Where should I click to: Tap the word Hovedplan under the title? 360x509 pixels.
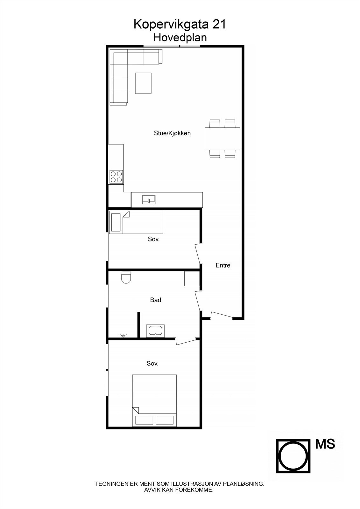(180, 38)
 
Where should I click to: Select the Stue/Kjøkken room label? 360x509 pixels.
(172, 133)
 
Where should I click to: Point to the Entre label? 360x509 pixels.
(223, 265)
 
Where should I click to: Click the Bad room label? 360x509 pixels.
(156, 300)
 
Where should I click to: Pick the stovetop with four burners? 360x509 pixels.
(116, 177)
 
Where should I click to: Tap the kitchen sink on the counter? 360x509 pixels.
(149, 199)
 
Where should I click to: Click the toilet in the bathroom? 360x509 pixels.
(126, 277)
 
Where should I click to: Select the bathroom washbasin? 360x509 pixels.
(155, 331)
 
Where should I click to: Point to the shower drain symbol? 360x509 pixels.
(123, 335)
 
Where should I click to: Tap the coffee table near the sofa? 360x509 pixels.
(143, 83)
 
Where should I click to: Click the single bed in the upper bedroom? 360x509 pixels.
(136, 222)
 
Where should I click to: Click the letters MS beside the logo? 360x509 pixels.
(325, 444)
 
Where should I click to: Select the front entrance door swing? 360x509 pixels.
(222, 315)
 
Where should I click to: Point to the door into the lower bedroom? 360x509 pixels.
(186, 341)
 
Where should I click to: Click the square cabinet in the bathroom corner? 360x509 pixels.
(192, 279)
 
